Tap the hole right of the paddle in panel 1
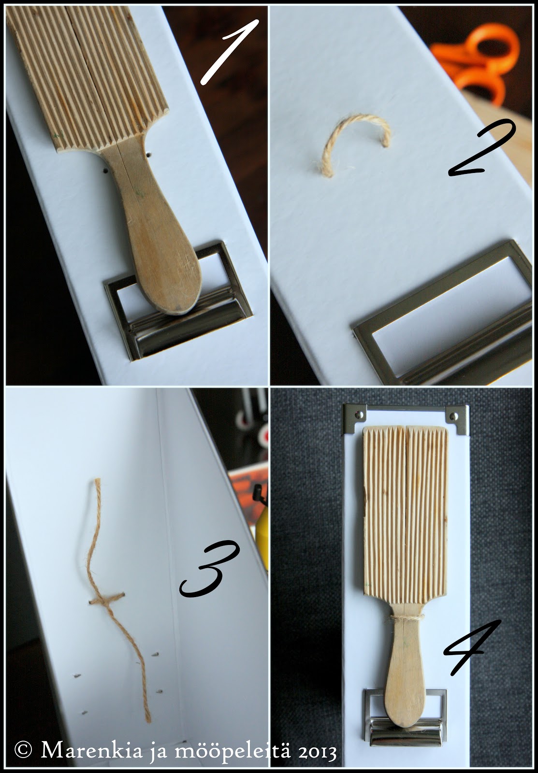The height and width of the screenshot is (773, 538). click(x=149, y=155)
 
